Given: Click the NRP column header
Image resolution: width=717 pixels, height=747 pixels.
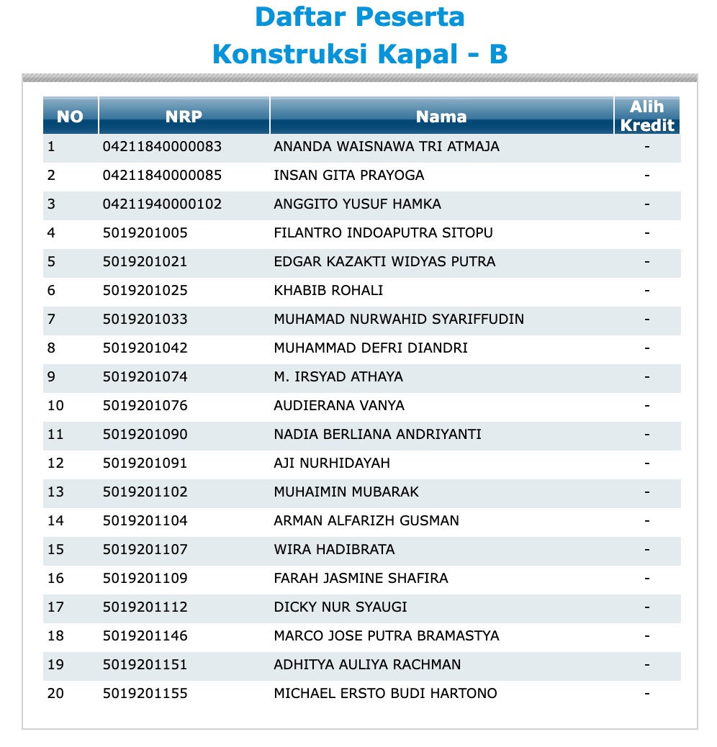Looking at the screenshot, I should point(184,117).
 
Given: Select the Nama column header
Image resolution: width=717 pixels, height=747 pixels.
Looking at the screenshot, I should point(441,117).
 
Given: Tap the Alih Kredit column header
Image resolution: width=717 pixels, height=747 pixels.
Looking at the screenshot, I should point(647,116).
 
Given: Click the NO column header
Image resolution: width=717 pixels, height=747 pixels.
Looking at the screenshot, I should point(70,117).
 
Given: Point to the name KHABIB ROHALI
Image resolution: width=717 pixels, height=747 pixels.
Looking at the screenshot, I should point(328,291).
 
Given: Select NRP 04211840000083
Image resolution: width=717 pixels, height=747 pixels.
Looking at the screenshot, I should point(162,147).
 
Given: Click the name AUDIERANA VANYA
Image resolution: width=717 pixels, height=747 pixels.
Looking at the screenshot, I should point(339,406).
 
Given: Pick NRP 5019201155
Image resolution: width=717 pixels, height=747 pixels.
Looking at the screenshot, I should point(145,694).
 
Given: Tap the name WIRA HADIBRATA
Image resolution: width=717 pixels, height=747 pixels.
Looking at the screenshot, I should point(334,550).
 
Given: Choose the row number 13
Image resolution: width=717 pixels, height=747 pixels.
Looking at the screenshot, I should point(55,492).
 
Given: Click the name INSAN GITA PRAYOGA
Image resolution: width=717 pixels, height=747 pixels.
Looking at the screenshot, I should point(349,176).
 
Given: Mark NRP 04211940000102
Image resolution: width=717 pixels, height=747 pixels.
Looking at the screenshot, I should point(162,204).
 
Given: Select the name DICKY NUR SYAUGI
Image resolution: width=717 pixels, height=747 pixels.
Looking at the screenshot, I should point(341,607).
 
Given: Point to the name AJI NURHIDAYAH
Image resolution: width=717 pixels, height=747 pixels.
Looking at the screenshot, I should point(332,463).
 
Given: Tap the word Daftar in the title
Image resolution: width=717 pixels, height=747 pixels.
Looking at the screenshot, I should point(295,17).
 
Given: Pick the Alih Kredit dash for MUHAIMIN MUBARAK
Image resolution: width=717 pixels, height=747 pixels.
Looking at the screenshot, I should point(647,492).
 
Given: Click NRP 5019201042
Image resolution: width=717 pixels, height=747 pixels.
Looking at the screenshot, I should point(145,348).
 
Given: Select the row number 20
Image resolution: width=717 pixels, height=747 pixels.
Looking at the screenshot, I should point(55,694).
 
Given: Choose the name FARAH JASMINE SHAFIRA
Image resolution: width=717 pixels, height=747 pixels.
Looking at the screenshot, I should point(361,579).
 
